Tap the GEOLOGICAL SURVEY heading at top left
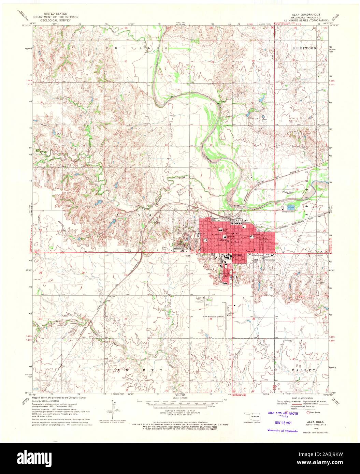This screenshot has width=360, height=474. click(x=55, y=20)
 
